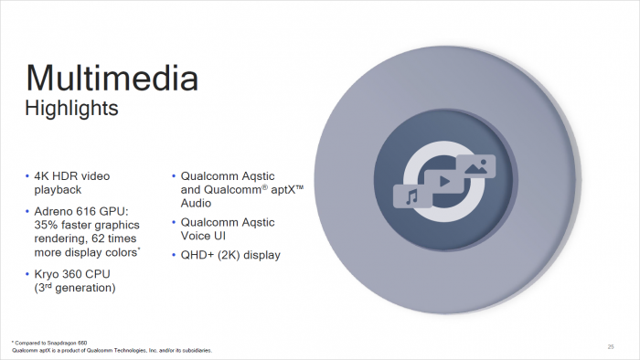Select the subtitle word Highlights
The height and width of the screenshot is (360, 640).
71,109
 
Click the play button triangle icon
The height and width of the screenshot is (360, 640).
443,181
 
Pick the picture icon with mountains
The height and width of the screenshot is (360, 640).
476,166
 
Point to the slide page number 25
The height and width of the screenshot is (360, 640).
610,346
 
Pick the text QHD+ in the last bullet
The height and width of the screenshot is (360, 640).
197,256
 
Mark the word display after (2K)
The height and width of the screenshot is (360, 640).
260,256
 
